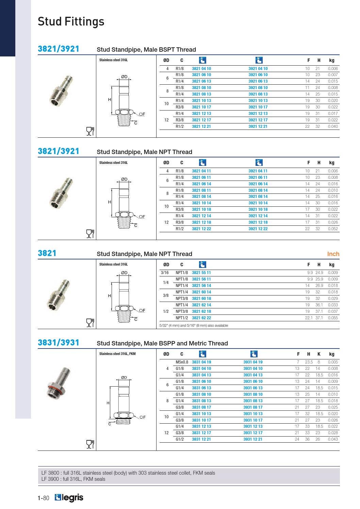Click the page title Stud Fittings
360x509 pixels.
(71, 21)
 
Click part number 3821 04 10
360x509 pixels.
(201, 69)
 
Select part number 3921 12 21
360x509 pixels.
(258, 126)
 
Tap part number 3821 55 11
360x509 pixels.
(201, 273)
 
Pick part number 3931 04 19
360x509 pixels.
(252, 362)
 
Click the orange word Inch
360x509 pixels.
(333, 254)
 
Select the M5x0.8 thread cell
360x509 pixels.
(182, 362)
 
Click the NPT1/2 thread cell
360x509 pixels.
(182, 318)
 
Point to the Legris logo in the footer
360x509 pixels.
(69, 498)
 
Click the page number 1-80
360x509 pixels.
(43, 498)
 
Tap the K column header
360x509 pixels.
(319, 354)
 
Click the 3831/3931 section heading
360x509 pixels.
(58, 343)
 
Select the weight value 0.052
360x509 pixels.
(332, 229)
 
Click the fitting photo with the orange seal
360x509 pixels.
(59, 382)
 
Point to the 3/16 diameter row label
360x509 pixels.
(165, 273)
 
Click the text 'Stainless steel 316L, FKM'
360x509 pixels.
(117, 354)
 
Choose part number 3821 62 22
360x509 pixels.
(201, 318)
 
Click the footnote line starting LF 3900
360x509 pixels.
(73, 479)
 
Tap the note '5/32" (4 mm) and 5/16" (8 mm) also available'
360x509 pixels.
(194, 325)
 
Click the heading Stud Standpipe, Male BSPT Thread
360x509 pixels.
(146, 50)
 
